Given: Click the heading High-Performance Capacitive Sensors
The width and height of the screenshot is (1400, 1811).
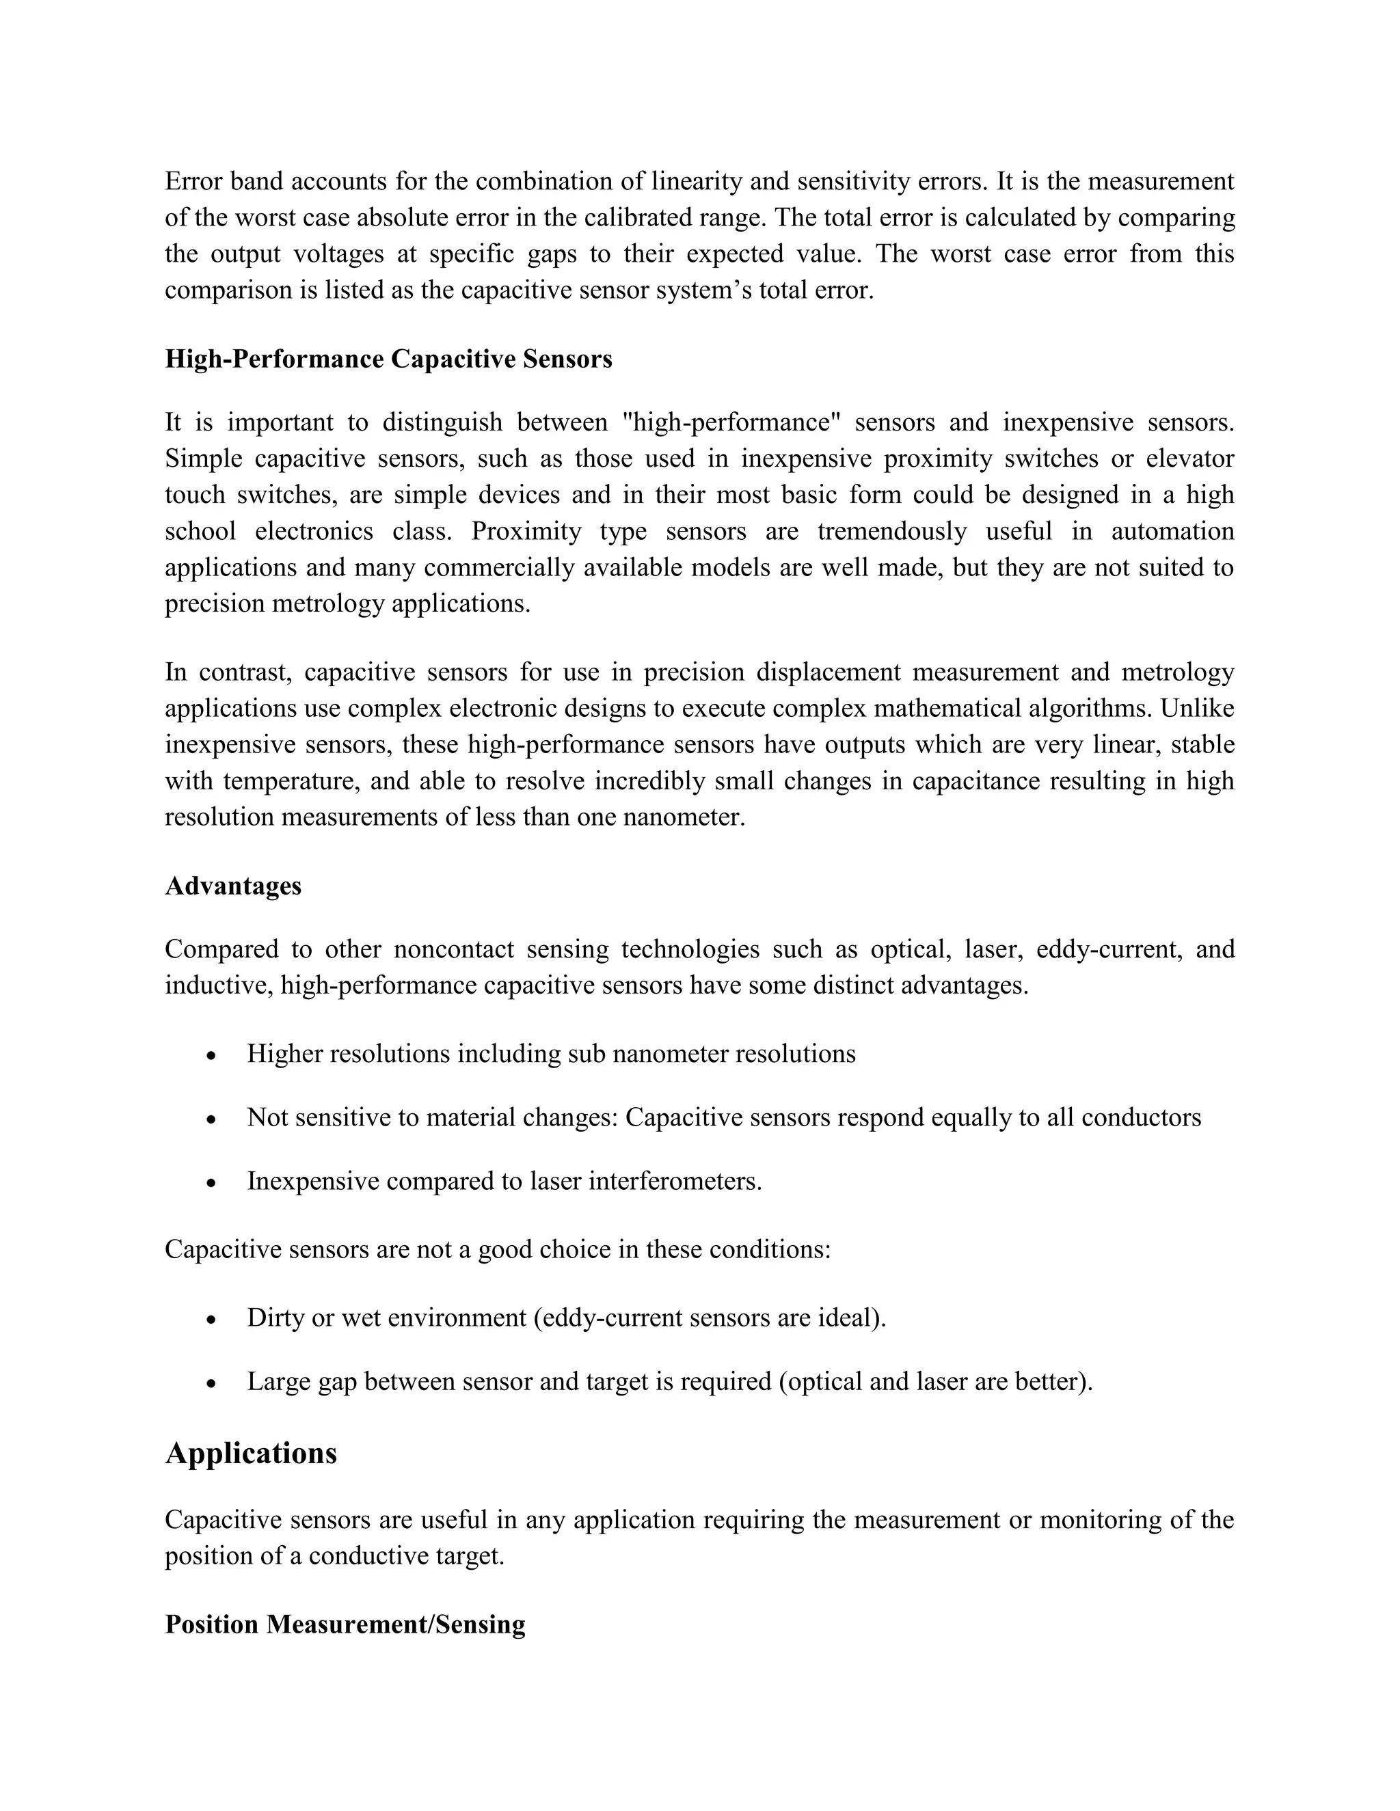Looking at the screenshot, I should point(388,359).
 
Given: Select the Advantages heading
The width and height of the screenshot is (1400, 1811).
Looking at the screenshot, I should point(233,886).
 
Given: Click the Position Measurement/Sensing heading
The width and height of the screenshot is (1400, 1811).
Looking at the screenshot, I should point(345,1624).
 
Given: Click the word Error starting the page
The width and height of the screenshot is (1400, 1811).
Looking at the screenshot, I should point(193,181).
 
